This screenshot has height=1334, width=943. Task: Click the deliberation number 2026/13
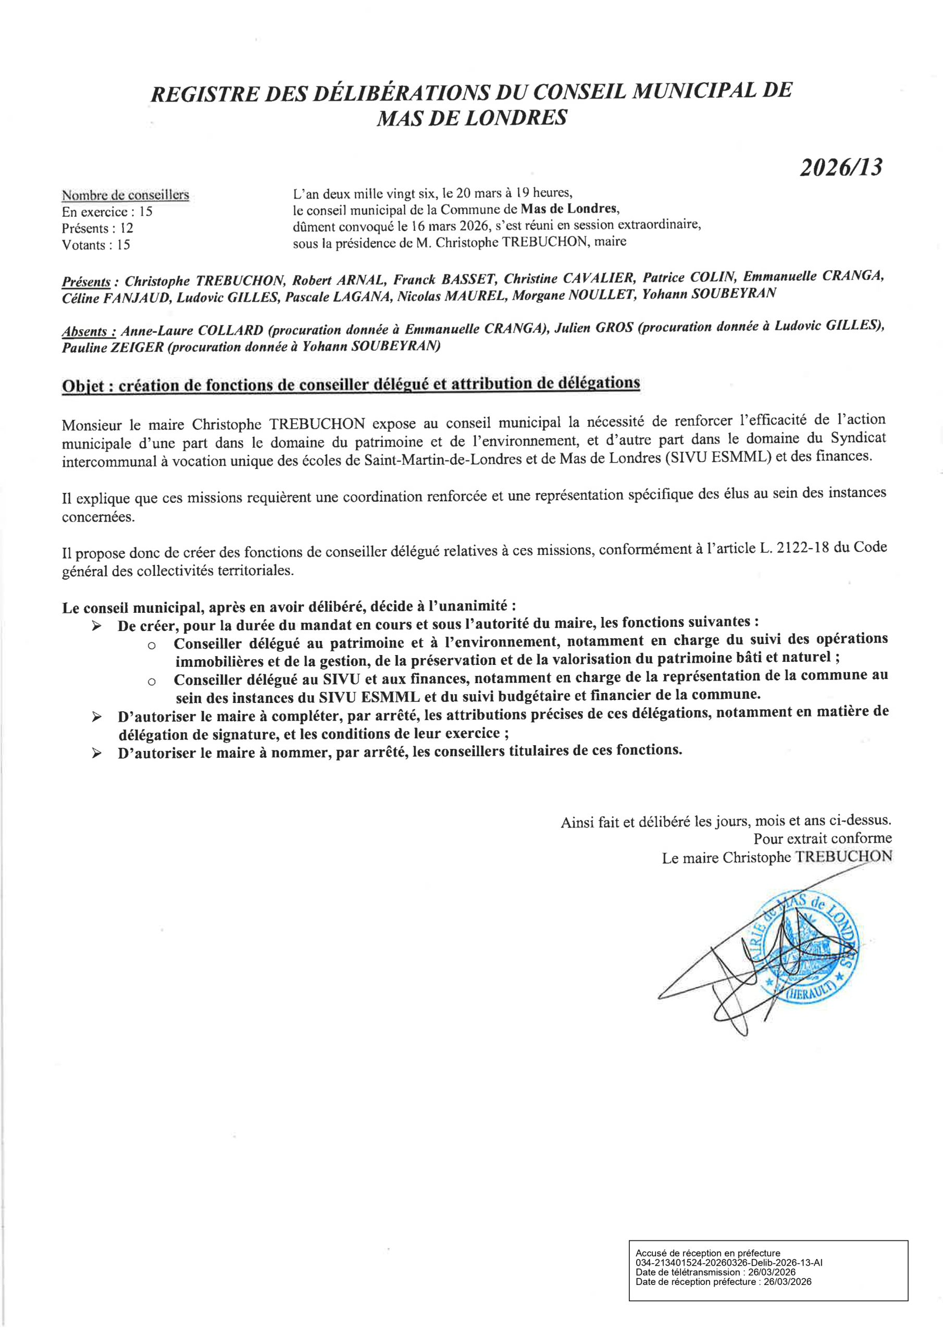click(x=840, y=168)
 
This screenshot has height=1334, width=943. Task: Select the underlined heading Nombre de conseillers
click(x=126, y=195)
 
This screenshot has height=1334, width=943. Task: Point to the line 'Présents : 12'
click(x=97, y=228)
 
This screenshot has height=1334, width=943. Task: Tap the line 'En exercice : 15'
click(x=107, y=212)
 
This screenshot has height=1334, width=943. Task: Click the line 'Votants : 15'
click(x=96, y=245)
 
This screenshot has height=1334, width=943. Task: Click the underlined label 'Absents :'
click(x=89, y=332)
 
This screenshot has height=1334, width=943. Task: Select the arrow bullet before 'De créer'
click(x=96, y=626)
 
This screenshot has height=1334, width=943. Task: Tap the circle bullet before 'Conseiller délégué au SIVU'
click(x=152, y=681)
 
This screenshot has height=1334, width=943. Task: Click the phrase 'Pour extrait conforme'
click(x=822, y=838)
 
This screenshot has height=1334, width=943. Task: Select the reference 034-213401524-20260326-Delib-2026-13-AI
click(x=729, y=1262)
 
